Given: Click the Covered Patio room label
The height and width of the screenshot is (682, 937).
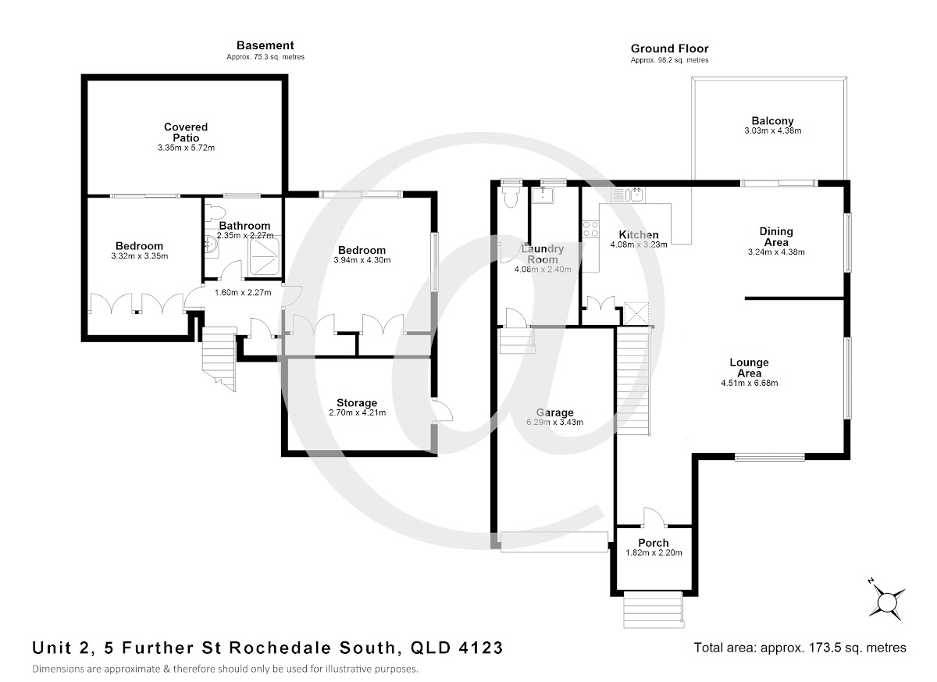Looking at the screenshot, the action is click(186, 132).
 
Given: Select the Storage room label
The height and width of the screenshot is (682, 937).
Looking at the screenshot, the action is click(357, 403).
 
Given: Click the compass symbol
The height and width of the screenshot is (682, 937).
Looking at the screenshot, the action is click(887, 602).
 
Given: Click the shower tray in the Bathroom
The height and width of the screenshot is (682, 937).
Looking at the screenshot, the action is click(264, 251).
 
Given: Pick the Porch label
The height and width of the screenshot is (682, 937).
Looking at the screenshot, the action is click(654, 543).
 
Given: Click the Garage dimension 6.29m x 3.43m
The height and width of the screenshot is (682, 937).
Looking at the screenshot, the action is click(555, 423).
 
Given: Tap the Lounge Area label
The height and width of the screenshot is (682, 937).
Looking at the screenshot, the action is click(749, 362).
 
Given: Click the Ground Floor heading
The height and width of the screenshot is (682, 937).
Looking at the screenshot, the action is click(669, 48).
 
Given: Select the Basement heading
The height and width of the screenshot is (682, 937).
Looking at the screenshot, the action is click(265, 45).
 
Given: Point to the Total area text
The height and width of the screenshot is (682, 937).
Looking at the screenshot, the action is click(800, 648).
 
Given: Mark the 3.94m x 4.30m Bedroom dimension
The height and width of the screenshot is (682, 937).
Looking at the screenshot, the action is click(360, 261).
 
